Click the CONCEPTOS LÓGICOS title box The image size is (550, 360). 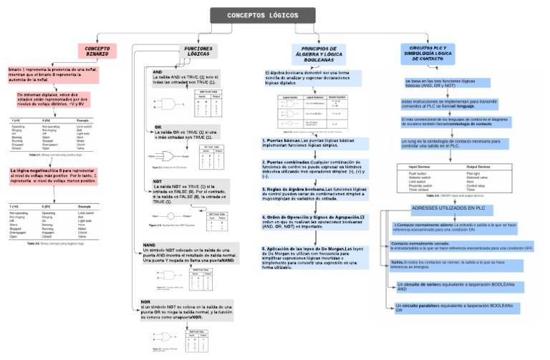[263, 15]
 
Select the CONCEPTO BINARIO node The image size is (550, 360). [97, 51]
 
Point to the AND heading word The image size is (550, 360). [158, 72]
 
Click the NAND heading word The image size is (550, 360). [149, 245]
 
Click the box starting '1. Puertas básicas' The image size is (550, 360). [314, 143]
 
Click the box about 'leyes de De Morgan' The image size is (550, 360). [314, 256]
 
